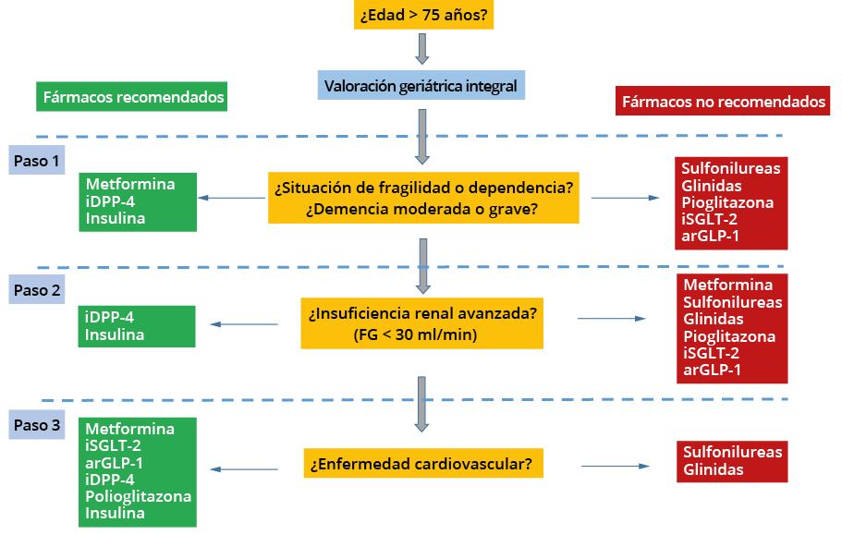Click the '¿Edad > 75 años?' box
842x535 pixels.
coord(423,15)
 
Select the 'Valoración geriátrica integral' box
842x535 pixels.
coord(421,85)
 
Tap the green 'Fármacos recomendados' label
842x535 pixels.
coord(131,97)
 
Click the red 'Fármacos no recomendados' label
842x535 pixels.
coord(723,101)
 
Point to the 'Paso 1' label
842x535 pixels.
coord(37,160)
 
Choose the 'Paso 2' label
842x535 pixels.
coord(37,290)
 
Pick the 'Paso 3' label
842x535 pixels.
coord(37,425)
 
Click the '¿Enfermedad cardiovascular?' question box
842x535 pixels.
coord(423,463)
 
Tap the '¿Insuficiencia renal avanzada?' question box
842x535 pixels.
coord(422,323)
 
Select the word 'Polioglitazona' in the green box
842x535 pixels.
coord(138,496)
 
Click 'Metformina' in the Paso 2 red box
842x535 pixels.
coord(727,285)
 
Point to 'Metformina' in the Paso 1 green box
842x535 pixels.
coord(130,184)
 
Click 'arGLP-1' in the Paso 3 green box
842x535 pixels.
coord(114,463)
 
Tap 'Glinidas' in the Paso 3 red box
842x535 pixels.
coord(714,469)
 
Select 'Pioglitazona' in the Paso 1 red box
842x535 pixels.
coord(727,202)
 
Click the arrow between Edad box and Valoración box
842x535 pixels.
coord(422,49)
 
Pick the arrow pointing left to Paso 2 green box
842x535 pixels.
coord(244,324)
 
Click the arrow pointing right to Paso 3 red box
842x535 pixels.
coord(616,466)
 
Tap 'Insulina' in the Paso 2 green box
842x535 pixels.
coord(115,334)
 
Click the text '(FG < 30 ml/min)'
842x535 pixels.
coord(415,334)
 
